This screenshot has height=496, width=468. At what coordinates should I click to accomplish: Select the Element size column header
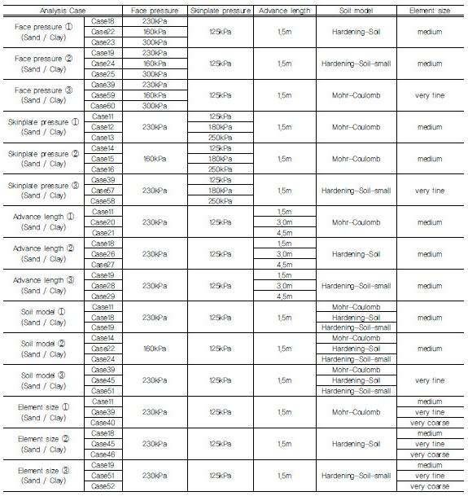point(429,8)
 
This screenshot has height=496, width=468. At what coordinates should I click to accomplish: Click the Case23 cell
point(103,42)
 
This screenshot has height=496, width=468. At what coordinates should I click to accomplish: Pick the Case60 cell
point(103,105)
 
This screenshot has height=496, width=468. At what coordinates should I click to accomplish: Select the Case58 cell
point(103,200)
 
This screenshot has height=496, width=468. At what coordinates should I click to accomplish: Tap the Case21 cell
point(103,232)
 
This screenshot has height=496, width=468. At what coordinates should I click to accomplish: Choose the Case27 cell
point(103,264)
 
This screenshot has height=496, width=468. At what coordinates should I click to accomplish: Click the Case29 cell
point(103,296)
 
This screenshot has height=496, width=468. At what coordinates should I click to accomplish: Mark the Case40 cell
point(103,423)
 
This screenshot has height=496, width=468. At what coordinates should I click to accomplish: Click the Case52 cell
point(103,486)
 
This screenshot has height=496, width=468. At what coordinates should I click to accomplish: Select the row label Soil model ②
point(42,349)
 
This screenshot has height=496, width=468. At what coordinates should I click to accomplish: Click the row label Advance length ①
point(42,222)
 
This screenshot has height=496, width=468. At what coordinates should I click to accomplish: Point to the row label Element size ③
point(42,476)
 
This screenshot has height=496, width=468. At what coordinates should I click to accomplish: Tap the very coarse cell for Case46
point(429,454)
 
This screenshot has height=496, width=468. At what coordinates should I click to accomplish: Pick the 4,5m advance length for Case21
point(284,232)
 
